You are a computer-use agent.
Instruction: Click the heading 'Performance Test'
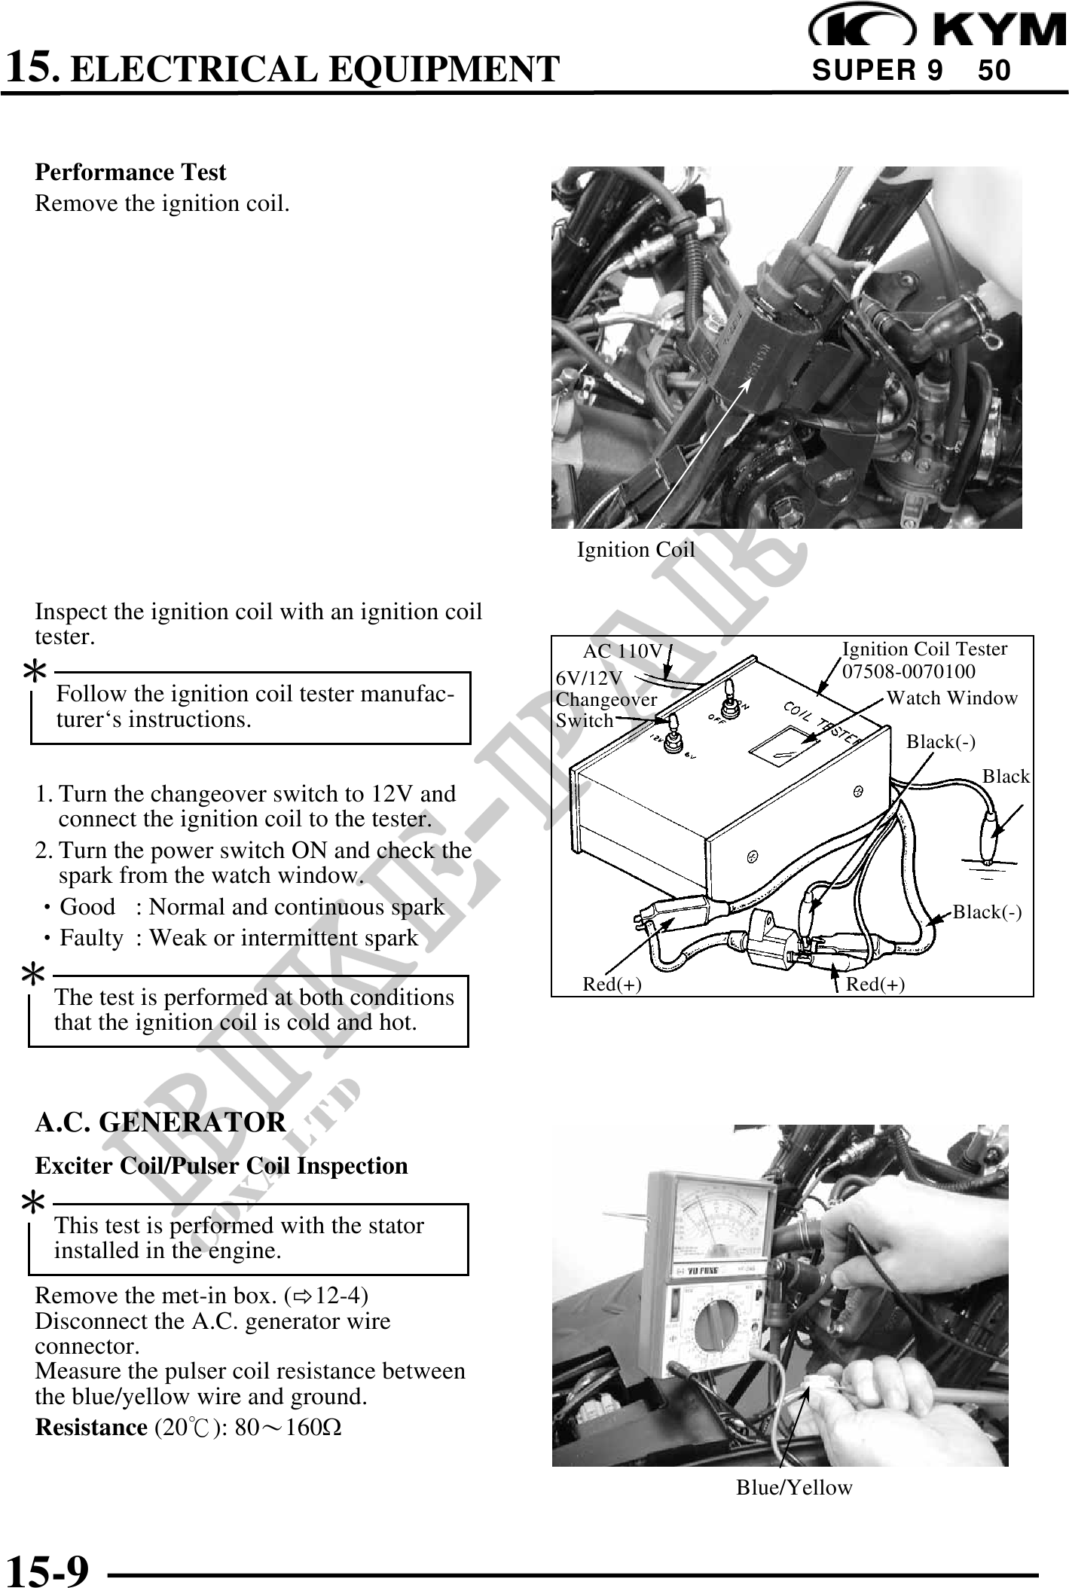point(130,173)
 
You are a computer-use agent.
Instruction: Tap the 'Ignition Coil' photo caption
point(635,551)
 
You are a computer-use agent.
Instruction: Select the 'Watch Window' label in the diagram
point(951,698)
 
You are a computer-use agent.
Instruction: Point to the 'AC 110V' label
point(622,651)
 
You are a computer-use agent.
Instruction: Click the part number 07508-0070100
point(908,671)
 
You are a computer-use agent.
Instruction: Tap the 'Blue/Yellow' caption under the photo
point(794,1488)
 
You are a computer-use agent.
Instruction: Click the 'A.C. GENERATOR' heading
point(160,1122)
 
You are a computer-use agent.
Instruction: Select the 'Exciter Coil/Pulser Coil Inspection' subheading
point(221,1166)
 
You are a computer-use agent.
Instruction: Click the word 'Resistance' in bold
point(91,1428)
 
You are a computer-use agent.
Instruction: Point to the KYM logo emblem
point(863,29)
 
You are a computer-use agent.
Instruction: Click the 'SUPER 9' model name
point(877,71)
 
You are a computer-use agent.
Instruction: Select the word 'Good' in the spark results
point(87,907)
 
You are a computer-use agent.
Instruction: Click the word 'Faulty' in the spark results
point(91,939)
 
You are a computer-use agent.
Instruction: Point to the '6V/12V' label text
point(589,678)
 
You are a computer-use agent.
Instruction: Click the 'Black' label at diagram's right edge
point(1006,777)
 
